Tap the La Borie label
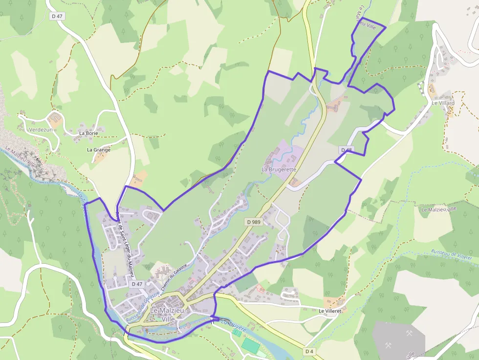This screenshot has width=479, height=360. (88, 133)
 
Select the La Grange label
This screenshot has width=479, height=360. (99, 149)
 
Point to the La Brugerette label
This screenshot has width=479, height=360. (279, 169)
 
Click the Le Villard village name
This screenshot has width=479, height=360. (443, 103)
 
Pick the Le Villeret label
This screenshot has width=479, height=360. (329, 311)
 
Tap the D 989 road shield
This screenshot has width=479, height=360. (254, 222)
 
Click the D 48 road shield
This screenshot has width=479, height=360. (347, 149)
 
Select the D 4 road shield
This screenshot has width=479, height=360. (309, 351)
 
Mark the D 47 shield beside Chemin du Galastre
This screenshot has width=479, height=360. (137, 284)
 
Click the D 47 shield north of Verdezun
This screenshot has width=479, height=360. (57, 16)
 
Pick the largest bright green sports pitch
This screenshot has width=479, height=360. (251, 345)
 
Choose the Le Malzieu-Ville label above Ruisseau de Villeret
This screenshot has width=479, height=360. (438, 209)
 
